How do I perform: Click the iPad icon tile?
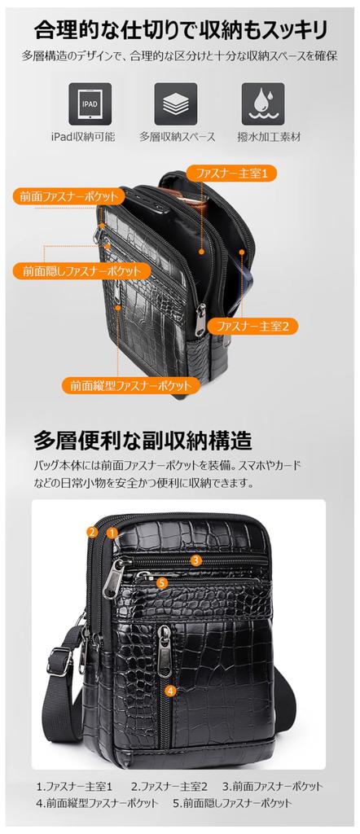click(90, 103)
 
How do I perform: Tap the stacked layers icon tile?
click(176, 103)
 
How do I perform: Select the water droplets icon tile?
click(262, 103)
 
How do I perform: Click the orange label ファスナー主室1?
click(231, 173)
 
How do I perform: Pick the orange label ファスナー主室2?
click(253, 325)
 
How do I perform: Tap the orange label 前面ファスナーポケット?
click(69, 195)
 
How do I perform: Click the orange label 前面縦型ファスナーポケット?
click(130, 384)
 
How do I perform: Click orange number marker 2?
click(94, 533)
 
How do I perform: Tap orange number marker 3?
click(196, 560)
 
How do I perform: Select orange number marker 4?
click(169, 691)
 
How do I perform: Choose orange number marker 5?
click(162, 582)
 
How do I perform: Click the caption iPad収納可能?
click(90, 137)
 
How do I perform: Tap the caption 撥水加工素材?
click(262, 137)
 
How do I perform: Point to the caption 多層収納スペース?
click(176, 137)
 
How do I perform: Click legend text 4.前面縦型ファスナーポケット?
click(97, 802)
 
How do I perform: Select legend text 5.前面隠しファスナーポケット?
click(232, 802)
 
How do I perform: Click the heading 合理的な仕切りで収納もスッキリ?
click(180, 31)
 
